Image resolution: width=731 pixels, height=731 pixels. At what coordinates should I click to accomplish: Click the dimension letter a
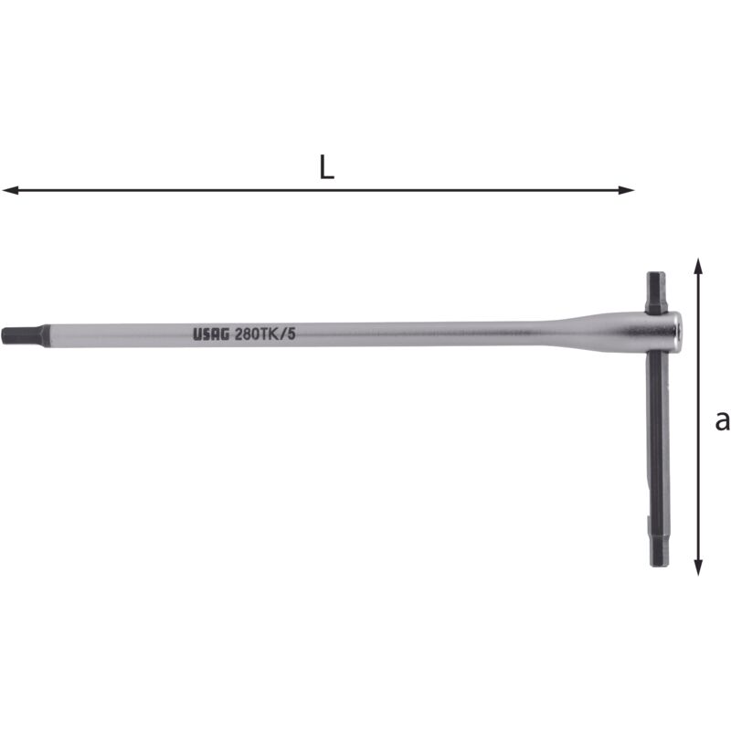722,420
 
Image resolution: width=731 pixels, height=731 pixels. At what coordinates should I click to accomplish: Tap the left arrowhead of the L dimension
9,190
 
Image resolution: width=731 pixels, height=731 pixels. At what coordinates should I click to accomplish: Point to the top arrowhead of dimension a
698,265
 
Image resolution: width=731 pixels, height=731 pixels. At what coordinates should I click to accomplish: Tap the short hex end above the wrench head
656,291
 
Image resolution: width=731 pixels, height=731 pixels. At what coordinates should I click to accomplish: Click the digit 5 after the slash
291,334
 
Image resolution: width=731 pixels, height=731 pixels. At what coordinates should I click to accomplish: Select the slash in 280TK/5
284,334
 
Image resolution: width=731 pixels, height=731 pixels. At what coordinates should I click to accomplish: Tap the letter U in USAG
197,334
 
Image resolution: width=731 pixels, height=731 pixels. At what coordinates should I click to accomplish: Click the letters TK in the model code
272,334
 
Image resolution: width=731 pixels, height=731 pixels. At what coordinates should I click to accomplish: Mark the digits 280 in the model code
249,334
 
